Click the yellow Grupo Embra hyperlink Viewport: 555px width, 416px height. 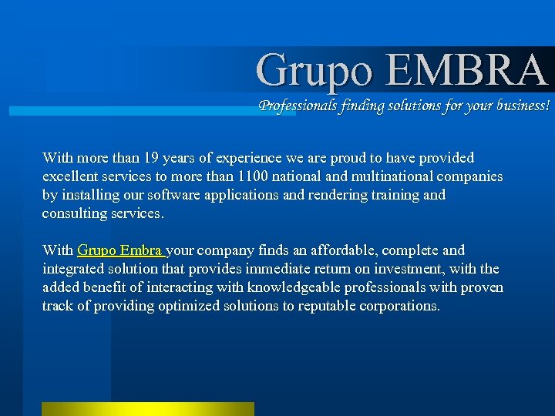120,250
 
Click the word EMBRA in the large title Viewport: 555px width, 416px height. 466,70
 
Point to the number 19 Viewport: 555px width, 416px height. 152,158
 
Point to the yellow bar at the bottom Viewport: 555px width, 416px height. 147,408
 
